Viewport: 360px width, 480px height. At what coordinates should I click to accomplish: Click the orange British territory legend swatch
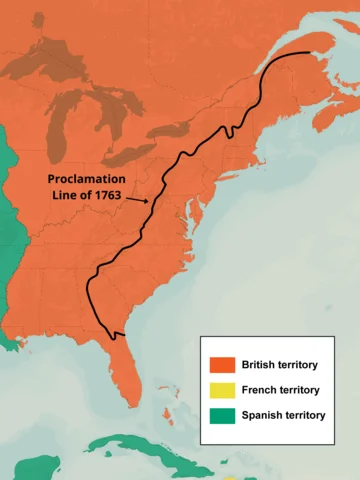[222, 365]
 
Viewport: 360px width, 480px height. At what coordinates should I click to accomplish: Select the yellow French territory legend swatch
[222, 390]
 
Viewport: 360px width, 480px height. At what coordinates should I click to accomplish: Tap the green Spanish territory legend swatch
[222, 415]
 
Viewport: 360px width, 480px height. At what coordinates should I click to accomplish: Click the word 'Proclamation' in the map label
[90, 178]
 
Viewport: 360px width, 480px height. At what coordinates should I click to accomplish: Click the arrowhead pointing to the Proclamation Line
[147, 200]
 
